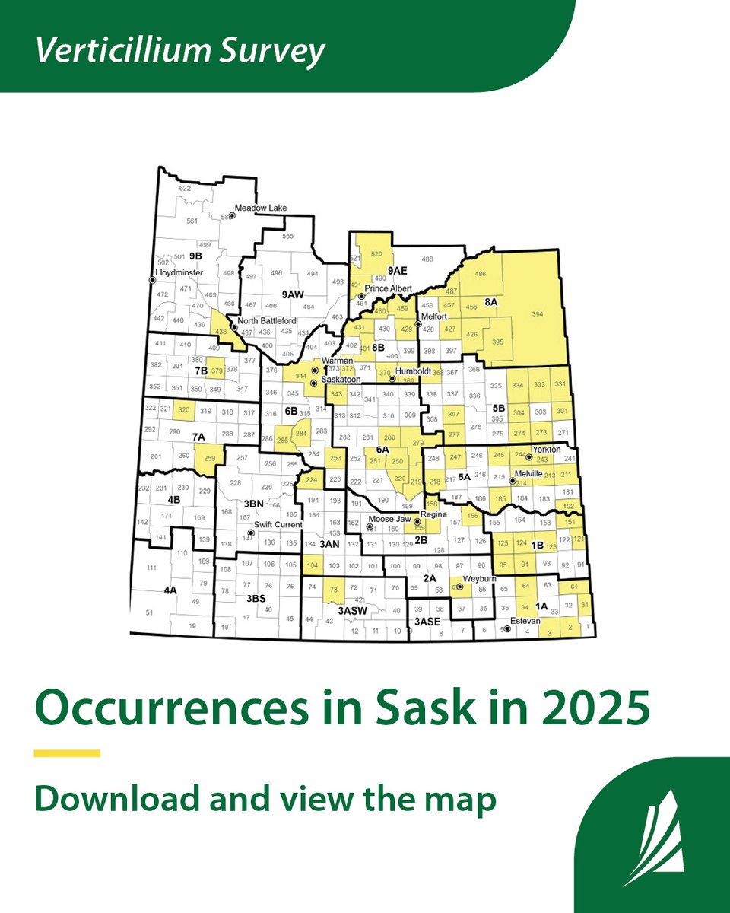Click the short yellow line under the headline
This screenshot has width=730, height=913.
pyautogui.click(x=67, y=753)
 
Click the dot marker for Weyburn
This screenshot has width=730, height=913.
pyautogui.click(x=459, y=587)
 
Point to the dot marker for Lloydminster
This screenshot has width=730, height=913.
pyautogui.click(x=152, y=280)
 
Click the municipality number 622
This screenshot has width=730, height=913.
pyautogui.click(x=185, y=189)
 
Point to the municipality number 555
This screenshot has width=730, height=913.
pyautogui.click(x=287, y=237)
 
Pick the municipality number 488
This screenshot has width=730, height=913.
pyautogui.click(x=427, y=259)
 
